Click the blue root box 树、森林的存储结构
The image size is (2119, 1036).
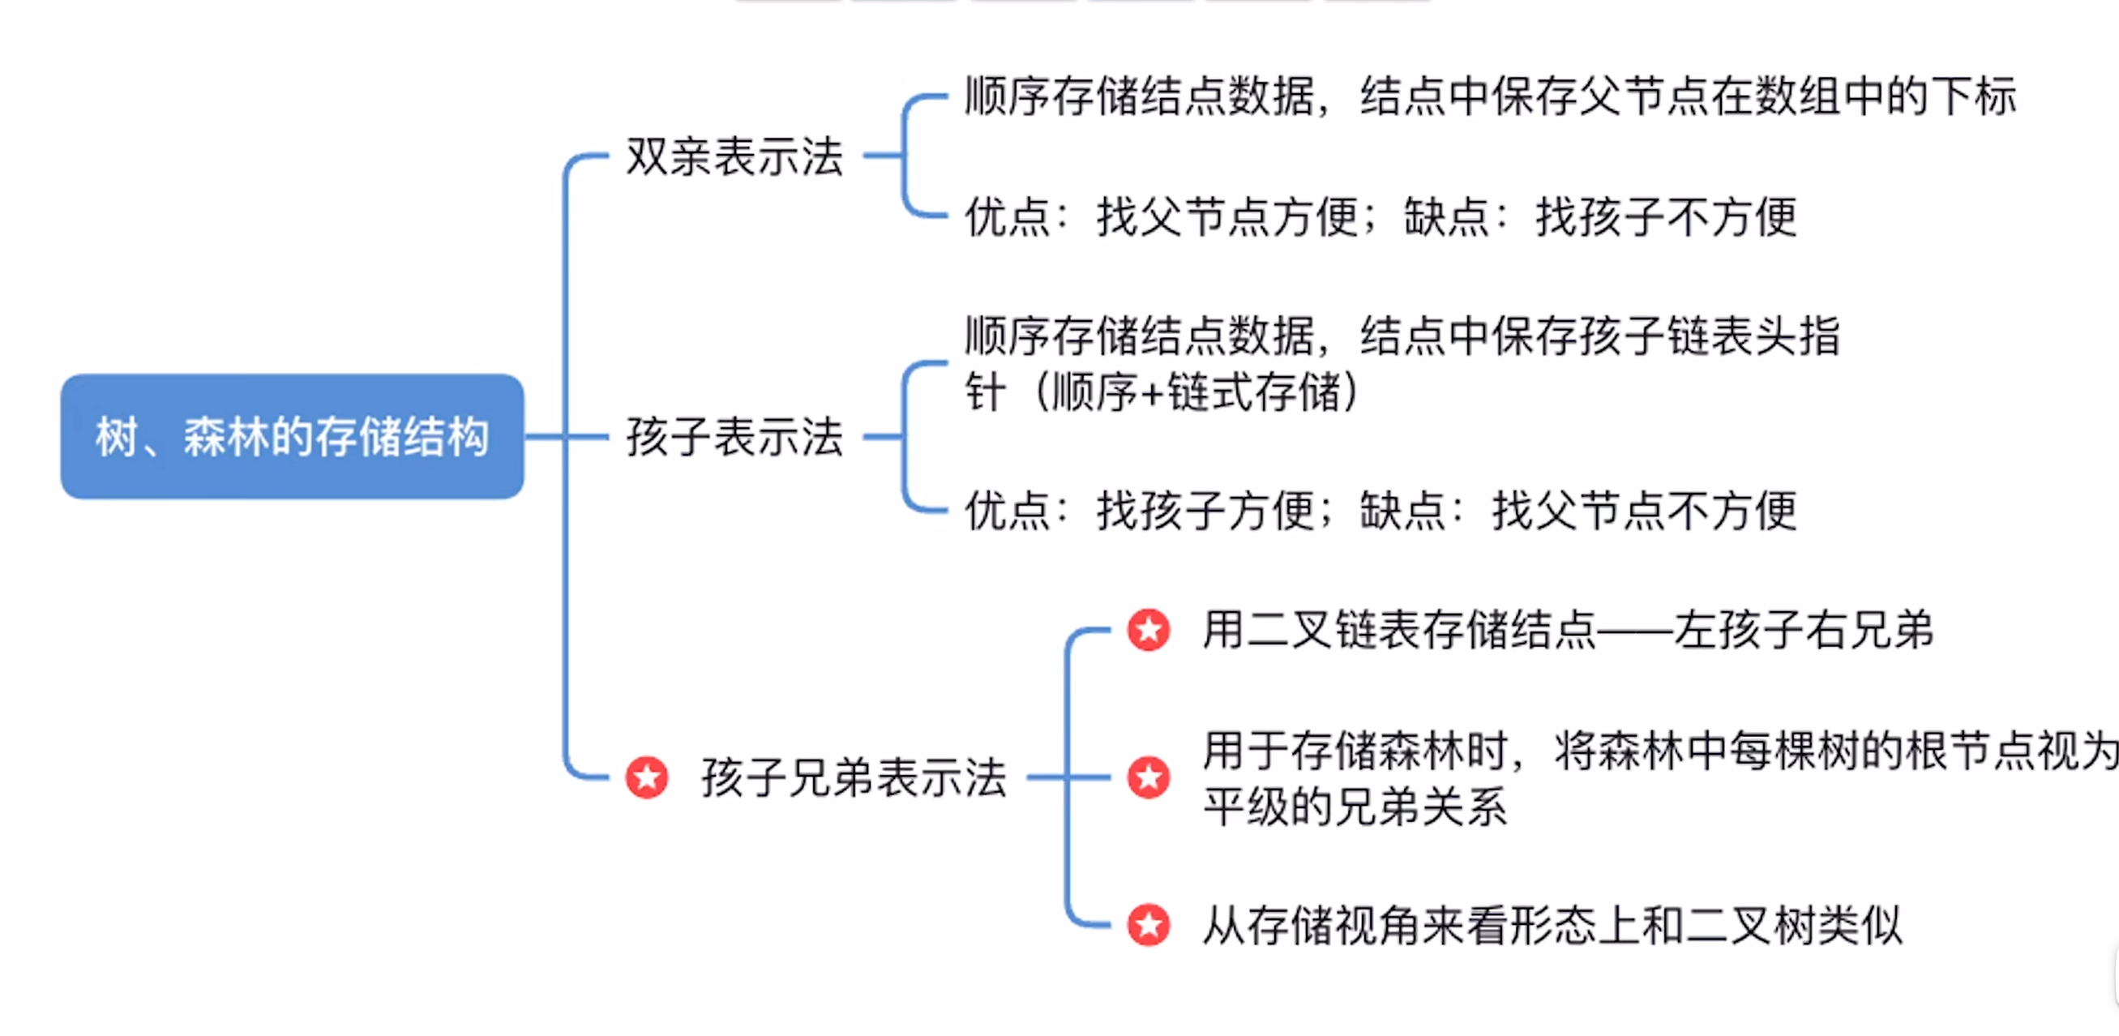tap(292, 436)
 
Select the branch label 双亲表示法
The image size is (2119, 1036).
tap(734, 156)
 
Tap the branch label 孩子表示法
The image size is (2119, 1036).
tap(734, 436)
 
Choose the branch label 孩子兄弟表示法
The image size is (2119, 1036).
tap(854, 777)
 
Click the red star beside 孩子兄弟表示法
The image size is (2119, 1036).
tap(647, 777)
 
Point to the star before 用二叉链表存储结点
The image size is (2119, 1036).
tap(1149, 631)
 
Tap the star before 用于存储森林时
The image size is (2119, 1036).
tap(1149, 777)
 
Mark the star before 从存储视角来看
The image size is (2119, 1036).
tap(1149, 925)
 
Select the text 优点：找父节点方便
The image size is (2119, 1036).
tap(1162, 217)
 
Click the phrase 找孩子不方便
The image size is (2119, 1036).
tap(1667, 217)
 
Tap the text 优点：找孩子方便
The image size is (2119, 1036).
tap(1140, 511)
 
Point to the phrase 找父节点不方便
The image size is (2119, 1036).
tap(1644, 511)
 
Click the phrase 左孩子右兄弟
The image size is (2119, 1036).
tap(1803, 631)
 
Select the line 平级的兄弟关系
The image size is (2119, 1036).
tap(1355, 807)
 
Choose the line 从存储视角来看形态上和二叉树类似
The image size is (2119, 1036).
tap(1552, 925)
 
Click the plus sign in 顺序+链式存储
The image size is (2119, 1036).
tap(1154, 393)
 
